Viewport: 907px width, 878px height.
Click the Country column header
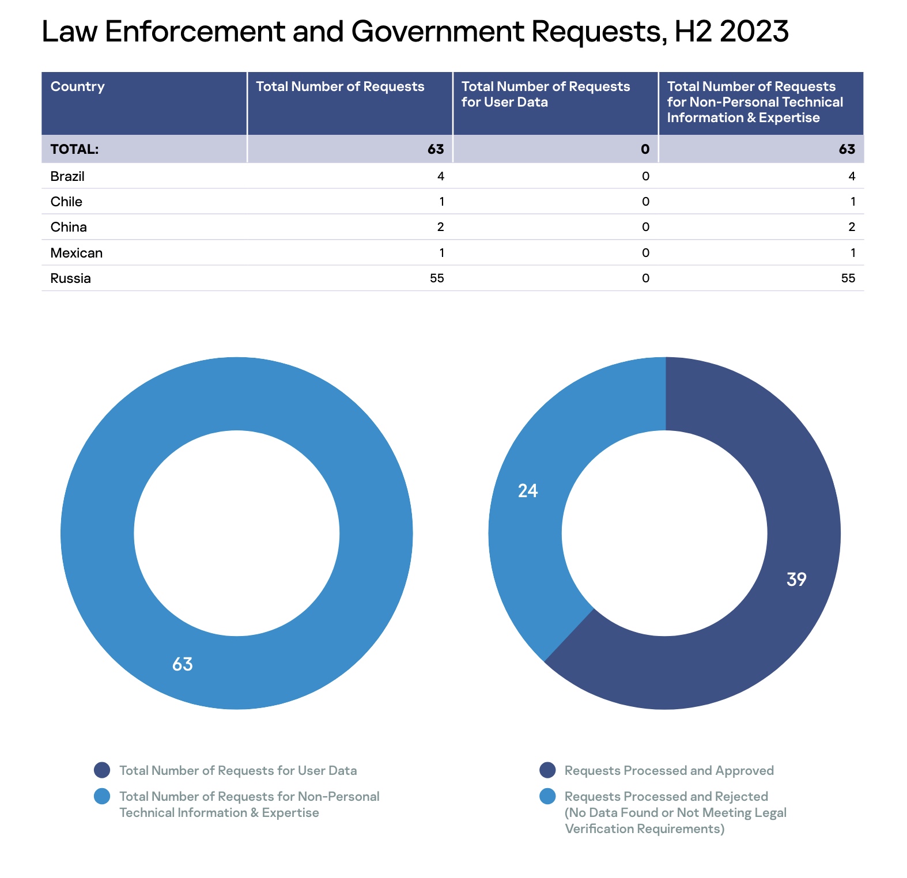coord(78,86)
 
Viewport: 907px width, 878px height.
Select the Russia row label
coord(71,278)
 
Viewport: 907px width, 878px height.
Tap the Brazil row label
coord(67,176)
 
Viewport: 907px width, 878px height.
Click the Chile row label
coord(66,202)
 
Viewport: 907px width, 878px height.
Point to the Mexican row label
coord(77,253)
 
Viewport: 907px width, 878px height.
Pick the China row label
coord(69,227)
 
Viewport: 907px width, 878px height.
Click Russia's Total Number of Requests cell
coord(437,278)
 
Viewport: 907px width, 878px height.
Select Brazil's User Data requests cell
coord(645,176)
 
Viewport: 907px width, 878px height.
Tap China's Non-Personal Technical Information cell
coord(852,227)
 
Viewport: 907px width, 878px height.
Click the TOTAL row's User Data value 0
coord(645,149)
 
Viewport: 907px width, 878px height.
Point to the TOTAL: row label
coord(75,149)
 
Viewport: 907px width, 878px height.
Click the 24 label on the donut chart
coord(528,491)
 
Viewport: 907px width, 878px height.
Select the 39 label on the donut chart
coord(796,580)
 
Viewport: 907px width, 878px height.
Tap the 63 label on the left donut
coord(183,664)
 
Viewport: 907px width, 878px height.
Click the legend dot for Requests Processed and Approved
coord(547,770)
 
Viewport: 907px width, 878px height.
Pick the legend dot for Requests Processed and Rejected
coord(547,796)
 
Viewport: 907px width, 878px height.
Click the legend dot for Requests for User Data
coord(102,770)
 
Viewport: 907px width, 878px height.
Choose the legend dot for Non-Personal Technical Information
coord(102,796)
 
